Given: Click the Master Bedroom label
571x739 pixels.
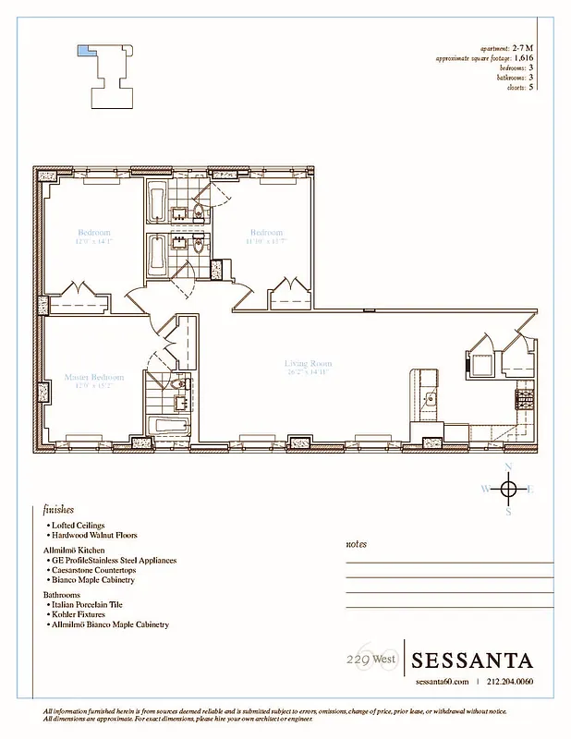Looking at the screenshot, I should (93, 377).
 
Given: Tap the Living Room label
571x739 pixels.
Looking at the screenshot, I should (308, 364).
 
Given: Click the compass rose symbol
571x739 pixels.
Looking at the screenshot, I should (507, 488).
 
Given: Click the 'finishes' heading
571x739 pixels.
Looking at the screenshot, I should (58, 509).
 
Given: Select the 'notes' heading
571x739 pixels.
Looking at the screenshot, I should (356, 544).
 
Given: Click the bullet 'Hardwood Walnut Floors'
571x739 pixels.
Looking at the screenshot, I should (95, 535).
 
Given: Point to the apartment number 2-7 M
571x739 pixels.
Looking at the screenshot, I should (522, 47).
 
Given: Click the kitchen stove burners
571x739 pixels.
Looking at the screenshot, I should (524, 399).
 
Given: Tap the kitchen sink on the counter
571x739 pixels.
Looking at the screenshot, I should (430, 398).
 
